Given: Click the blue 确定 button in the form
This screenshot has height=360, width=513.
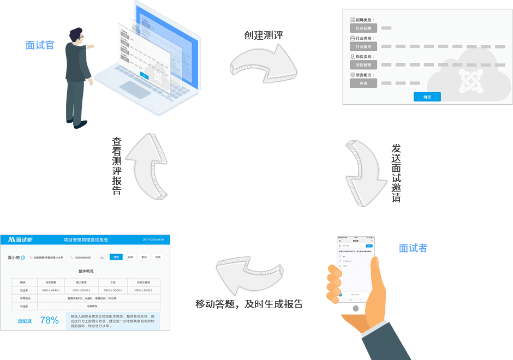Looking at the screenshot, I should tap(427, 97).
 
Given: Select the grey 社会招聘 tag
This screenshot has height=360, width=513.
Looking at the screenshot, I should tap(363, 28).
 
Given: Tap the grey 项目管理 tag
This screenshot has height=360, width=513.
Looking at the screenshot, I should tap(363, 65).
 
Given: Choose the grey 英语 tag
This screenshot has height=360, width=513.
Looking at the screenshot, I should tap(363, 83).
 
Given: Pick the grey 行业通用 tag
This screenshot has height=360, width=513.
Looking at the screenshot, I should tap(363, 46).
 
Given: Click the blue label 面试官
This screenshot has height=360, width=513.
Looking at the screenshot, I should tap(40, 45).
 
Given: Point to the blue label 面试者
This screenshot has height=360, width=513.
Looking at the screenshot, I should tap(413, 248).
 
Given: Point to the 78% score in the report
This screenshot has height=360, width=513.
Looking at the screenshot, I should tap(49, 320).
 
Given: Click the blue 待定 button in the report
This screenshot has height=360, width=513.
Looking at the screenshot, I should tap(116, 257).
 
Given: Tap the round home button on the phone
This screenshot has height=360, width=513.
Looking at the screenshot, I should tap(355, 308).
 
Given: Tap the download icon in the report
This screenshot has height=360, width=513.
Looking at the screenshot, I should tap(102, 257).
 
